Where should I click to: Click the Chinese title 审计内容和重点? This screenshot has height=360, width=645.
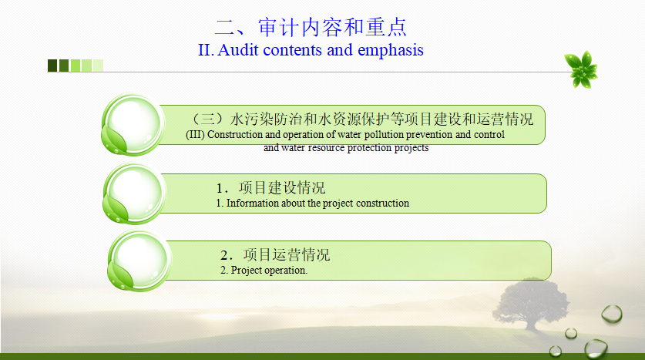[x=332, y=27]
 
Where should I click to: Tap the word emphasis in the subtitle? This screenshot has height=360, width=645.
[x=391, y=51]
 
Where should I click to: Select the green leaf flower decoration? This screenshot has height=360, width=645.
[x=581, y=69]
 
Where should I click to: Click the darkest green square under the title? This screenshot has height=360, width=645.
[x=52, y=66]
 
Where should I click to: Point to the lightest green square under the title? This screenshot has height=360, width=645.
[x=98, y=66]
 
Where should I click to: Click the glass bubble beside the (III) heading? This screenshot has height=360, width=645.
[x=133, y=124]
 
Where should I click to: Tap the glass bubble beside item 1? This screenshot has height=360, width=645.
[x=134, y=193]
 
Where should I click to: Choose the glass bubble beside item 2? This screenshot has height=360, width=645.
[x=139, y=261]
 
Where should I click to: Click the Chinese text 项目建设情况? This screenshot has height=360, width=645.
[x=282, y=187]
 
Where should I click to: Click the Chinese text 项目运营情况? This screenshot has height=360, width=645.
[x=287, y=254]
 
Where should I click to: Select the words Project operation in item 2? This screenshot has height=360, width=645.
[x=269, y=271]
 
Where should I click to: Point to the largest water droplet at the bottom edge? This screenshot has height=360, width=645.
[x=596, y=348]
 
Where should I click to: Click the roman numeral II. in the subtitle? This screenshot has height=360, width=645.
[x=206, y=50]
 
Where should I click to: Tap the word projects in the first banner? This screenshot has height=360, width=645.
[x=412, y=148]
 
